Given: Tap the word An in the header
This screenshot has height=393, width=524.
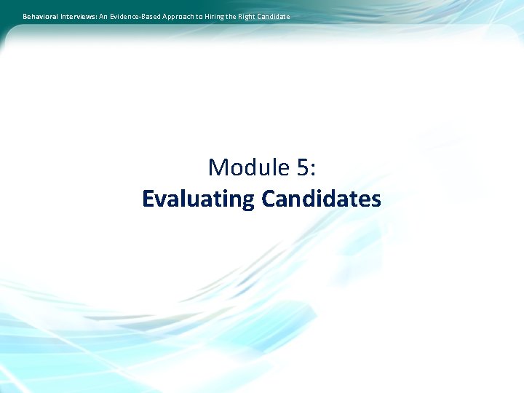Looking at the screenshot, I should click(x=103, y=16).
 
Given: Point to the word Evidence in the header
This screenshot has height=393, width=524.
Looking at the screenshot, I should click(x=125, y=16).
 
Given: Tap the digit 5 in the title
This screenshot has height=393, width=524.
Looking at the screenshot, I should click(x=302, y=168).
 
